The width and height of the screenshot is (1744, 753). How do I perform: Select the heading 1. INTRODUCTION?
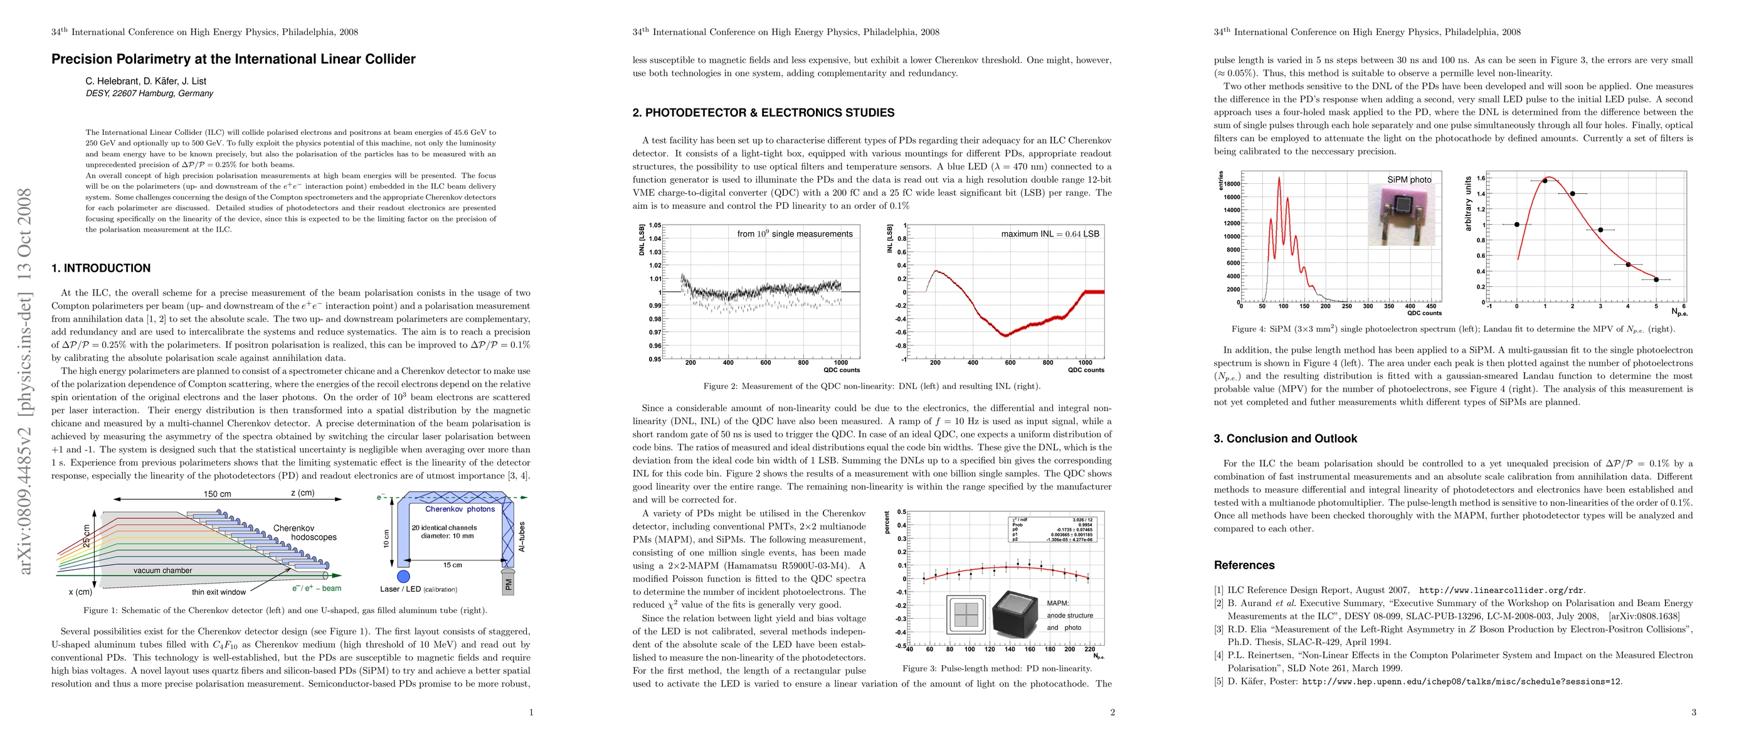(101, 268)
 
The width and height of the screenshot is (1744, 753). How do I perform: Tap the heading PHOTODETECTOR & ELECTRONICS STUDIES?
(769, 113)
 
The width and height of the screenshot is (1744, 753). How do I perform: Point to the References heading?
(1244, 565)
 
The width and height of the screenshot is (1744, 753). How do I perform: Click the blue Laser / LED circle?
(403, 576)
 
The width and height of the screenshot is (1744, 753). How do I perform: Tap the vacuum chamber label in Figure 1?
(162, 571)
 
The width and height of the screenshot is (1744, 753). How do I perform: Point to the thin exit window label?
(219, 592)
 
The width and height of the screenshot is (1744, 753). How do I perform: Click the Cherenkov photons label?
(460, 510)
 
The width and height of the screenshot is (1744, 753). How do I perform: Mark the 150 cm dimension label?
(218, 494)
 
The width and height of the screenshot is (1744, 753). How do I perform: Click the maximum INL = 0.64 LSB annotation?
(1050, 234)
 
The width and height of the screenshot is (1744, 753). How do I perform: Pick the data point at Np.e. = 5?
(1656, 280)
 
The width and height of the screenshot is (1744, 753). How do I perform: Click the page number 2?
(1112, 712)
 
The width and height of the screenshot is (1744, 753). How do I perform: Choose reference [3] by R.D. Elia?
(1453, 636)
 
